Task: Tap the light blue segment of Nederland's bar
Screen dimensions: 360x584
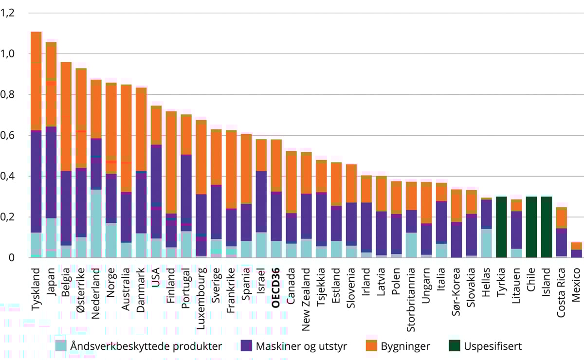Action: pos(96,224)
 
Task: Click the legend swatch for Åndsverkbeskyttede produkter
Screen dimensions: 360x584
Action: pos(60,346)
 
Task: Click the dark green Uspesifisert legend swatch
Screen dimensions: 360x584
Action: pos(454,346)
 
